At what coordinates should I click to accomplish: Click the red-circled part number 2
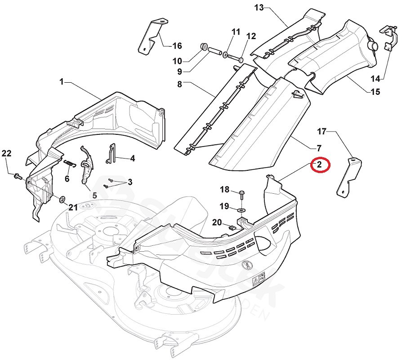click(x=319, y=164)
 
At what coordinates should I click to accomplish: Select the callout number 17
click(x=322, y=132)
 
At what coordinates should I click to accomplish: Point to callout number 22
click(x=6, y=153)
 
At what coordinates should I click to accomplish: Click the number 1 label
click(x=62, y=82)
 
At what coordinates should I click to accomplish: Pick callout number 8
click(x=179, y=84)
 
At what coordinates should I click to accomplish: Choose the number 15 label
click(x=375, y=92)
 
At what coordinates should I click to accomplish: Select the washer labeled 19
click(x=241, y=209)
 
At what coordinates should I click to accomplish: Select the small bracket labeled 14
click(x=388, y=36)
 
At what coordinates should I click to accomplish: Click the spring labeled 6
click(x=70, y=163)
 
